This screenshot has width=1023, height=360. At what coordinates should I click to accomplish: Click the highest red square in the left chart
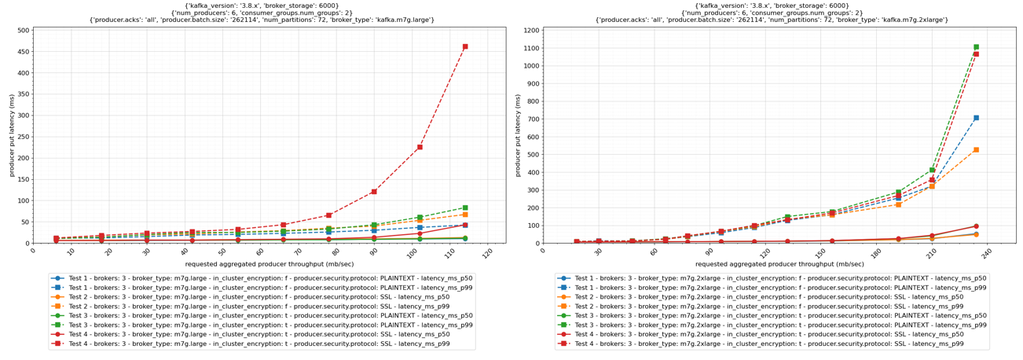pyautogui.click(x=465, y=46)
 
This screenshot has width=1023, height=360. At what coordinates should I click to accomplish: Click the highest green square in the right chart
pyautogui.click(x=976, y=47)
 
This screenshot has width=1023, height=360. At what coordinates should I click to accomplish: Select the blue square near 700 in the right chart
pyautogui.click(x=976, y=118)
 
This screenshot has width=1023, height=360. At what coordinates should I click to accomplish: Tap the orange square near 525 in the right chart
pyautogui.click(x=976, y=149)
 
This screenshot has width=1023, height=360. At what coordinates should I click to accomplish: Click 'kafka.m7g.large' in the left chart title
pyautogui.click(x=401, y=20)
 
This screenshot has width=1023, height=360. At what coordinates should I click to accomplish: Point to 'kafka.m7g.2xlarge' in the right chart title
pyautogui.click(x=913, y=20)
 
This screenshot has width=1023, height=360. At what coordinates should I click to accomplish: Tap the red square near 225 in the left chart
pyautogui.click(x=420, y=147)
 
